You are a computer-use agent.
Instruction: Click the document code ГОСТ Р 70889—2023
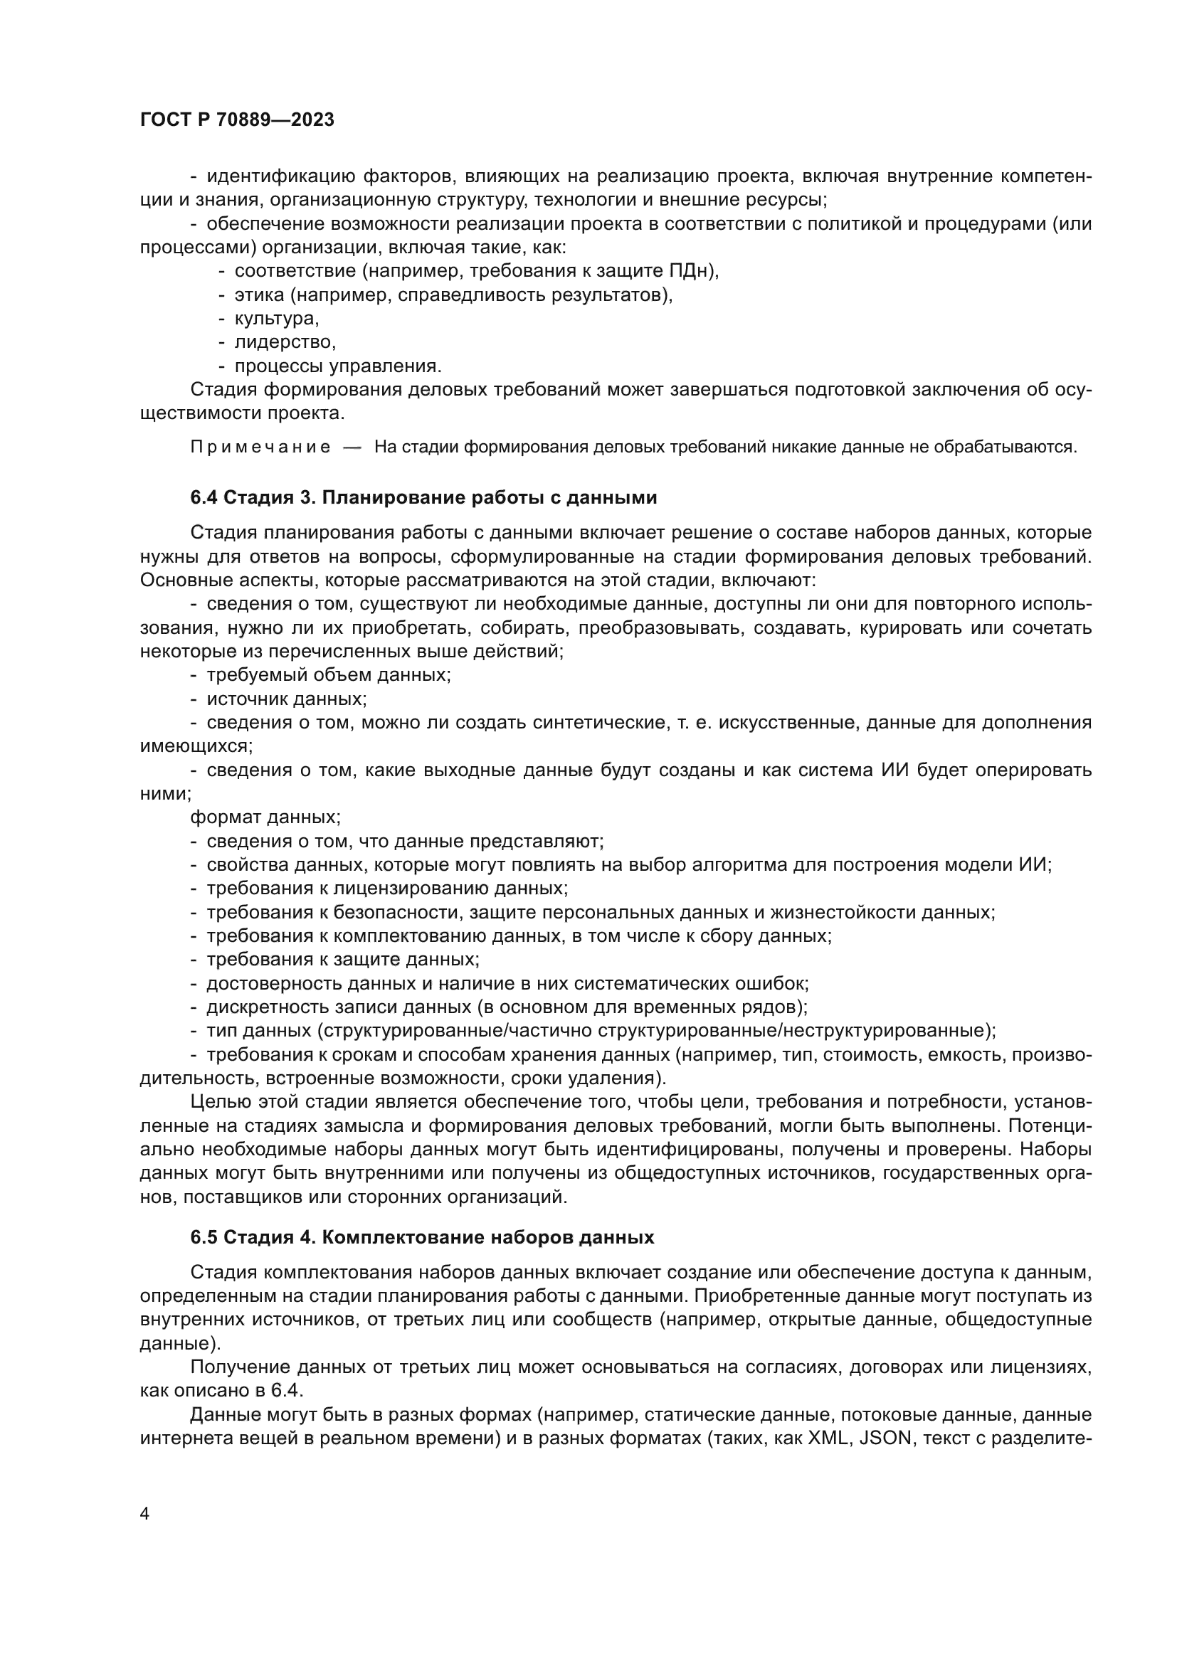tap(237, 120)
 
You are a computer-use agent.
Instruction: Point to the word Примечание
tap(260, 447)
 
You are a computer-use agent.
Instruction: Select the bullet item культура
tap(276, 319)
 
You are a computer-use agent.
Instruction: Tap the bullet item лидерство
tap(285, 342)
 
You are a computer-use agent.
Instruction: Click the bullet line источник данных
tap(286, 699)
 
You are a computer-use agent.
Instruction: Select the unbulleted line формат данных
tap(265, 817)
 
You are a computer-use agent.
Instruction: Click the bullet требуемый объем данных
tap(328, 674)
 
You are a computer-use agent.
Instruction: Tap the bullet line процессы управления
tap(338, 366)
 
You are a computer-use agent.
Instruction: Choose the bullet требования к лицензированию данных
tap(387, 889)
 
